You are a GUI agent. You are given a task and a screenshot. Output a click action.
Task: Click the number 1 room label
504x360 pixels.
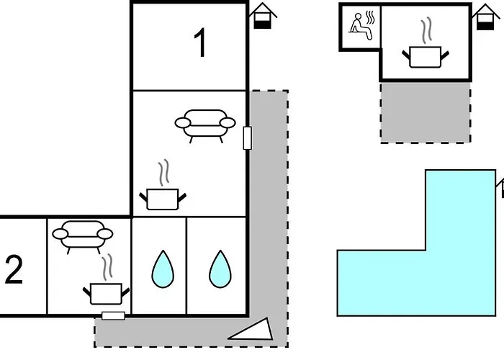click(201, 44)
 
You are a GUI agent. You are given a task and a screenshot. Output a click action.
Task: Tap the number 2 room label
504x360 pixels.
click(14, 271)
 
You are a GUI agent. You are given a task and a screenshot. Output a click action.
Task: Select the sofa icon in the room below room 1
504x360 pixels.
click(205, 123)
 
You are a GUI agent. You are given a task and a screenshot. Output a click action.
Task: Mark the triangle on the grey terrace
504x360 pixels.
click(252, 330)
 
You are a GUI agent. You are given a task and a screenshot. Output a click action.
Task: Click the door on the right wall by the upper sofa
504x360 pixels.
click(248, 137)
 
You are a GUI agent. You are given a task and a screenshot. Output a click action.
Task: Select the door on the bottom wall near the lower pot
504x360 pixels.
click(114, 315)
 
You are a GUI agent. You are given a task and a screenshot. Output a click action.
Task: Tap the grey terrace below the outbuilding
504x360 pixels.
click(426, 112)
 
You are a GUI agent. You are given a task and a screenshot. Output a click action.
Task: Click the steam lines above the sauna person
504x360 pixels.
click(370, 15)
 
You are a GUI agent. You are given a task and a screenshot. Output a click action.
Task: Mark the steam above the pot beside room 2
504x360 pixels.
click(108, 267)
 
